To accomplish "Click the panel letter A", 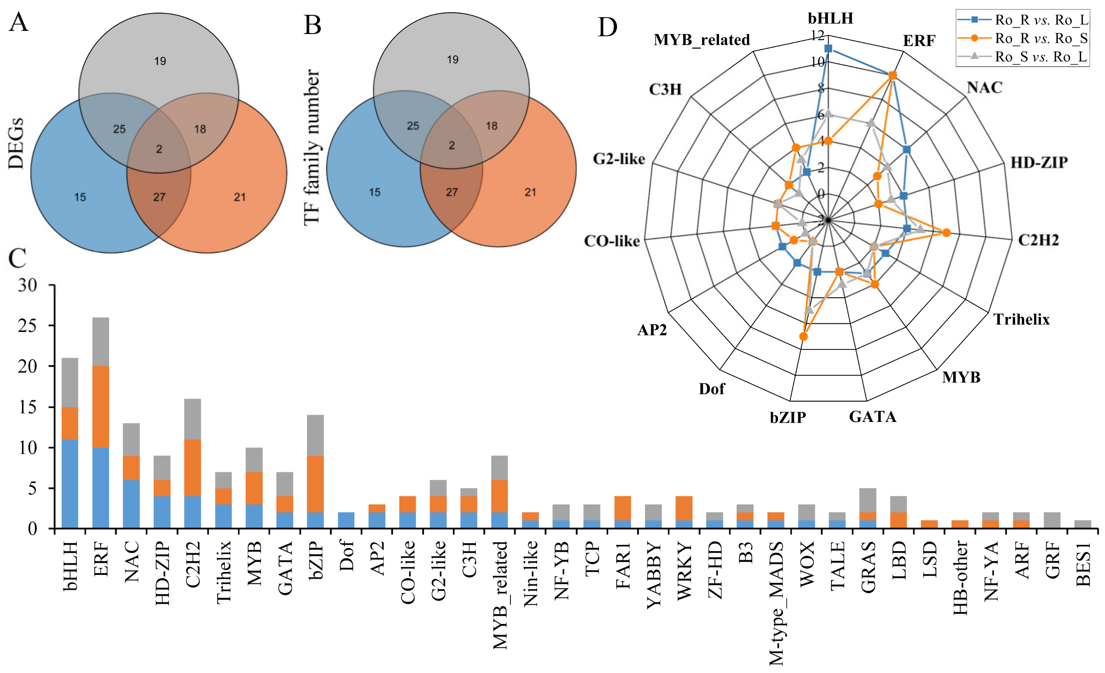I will coord(18,22).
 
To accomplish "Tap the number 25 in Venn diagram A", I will coord(119,129).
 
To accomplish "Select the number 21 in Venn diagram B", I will coord(530,192).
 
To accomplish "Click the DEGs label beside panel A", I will coord(16,143).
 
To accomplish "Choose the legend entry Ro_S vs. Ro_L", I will coord(1041,57).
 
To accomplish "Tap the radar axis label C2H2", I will coord(1038,240).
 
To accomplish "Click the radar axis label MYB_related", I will coord(702,40).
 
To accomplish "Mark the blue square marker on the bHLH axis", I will coord(828,48).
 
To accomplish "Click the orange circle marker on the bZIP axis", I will coord(804,336).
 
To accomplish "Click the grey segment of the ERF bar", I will coord(100,342).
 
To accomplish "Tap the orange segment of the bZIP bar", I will coord(315,484).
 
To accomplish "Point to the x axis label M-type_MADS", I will coord(776,603).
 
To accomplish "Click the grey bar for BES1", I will coord(1082,524).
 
